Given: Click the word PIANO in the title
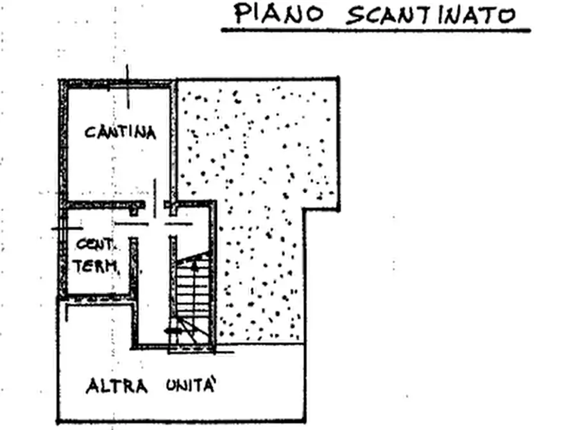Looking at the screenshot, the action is point(279,13).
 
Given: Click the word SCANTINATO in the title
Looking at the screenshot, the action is point(431,15).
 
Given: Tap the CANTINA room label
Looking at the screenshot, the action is point(120,132).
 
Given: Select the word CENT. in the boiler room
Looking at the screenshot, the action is point(95,245).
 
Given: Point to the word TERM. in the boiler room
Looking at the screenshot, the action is point(96,266).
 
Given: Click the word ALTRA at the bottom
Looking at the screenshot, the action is point(117,386).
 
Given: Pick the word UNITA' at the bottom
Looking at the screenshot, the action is point(190,385).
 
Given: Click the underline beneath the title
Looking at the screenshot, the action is point(375,31).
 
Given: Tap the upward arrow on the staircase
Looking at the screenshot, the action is point(195,264).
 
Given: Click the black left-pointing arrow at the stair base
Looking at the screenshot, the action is point(173,331).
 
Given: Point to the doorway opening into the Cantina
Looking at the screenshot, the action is point(155,205).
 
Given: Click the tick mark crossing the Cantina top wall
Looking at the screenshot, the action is point(128,87).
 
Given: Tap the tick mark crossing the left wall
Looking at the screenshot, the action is point(67,228).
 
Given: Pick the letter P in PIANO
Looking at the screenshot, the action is point(240,13).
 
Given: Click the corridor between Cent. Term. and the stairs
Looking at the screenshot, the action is point(153,285).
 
